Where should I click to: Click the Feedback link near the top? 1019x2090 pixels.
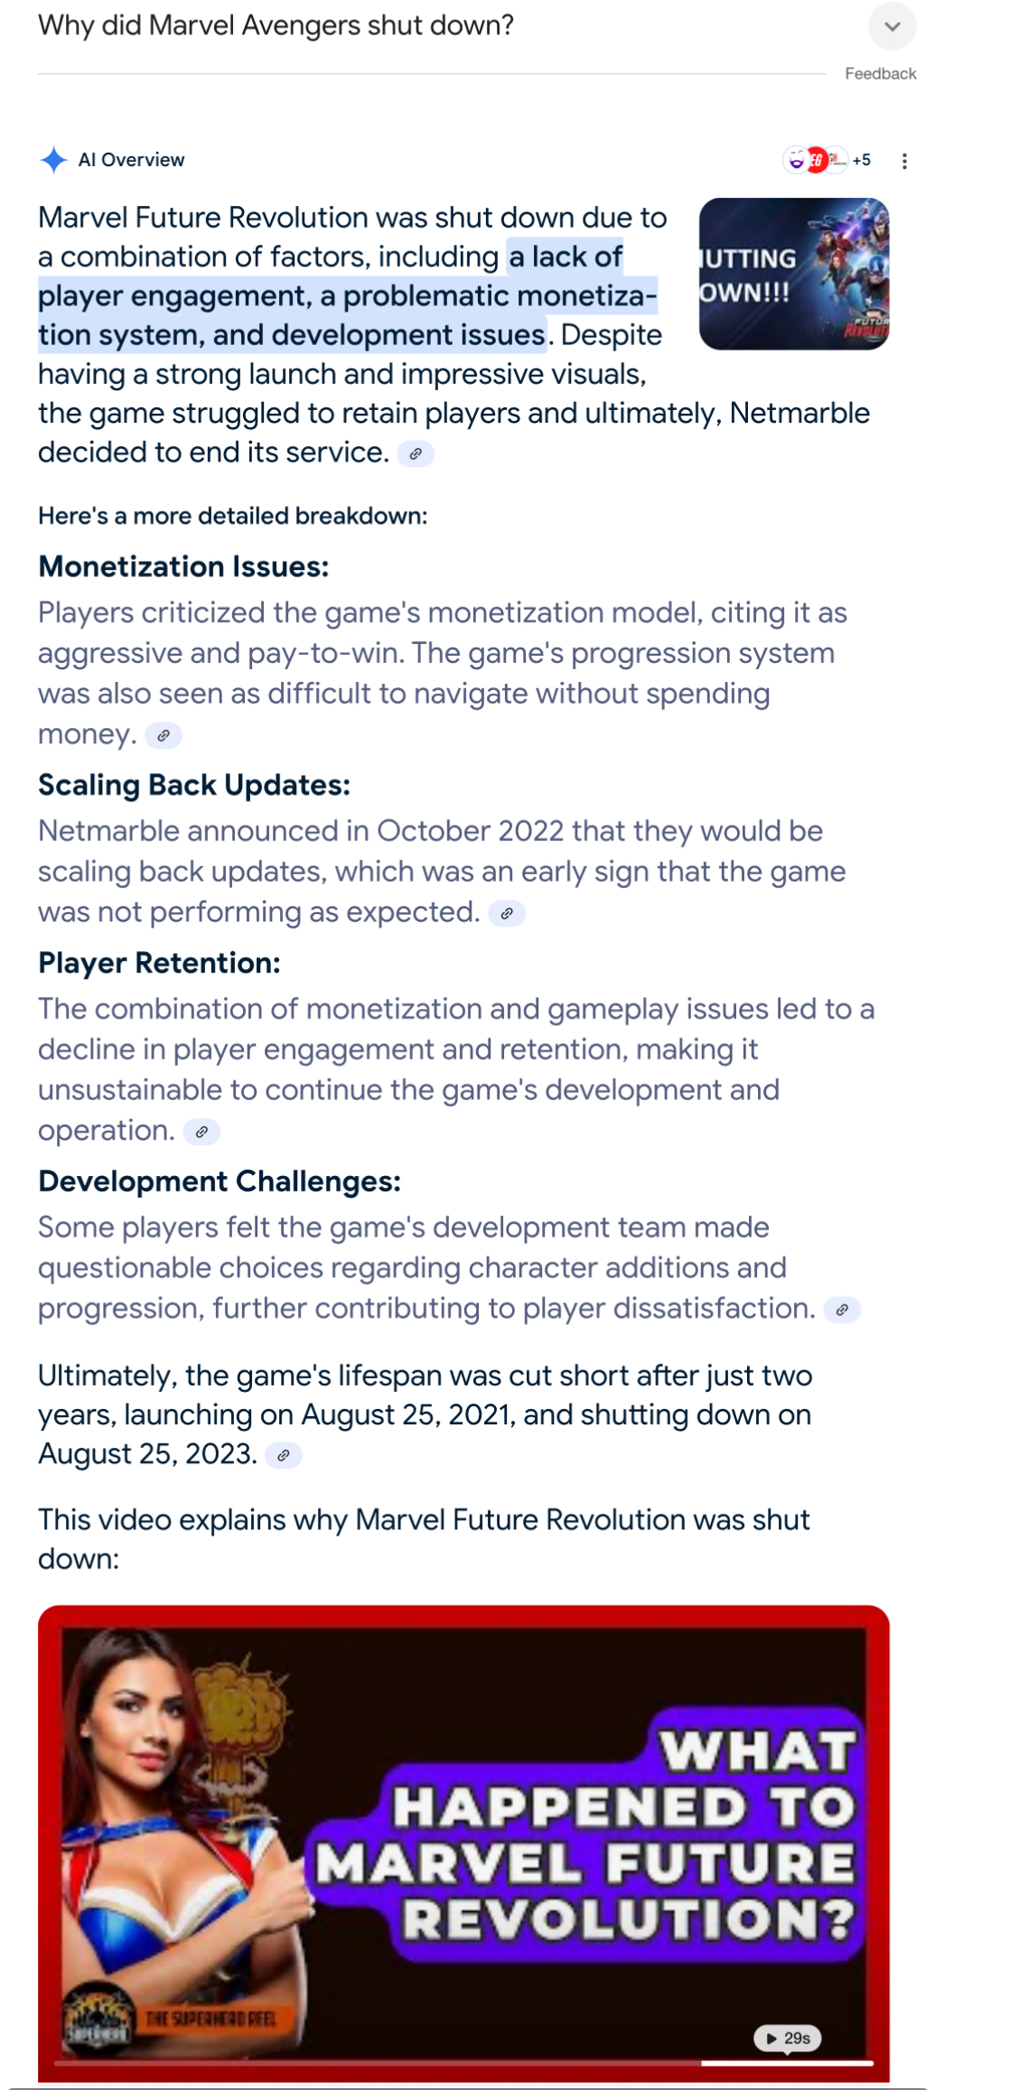point(880,74)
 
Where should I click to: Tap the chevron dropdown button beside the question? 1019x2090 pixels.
point(892,26)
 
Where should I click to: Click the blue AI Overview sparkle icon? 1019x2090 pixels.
point(53,160)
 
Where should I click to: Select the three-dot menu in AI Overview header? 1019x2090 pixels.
point(904,161)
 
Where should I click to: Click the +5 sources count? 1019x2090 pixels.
point(862,160)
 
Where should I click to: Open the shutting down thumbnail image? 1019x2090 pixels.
point(794,274)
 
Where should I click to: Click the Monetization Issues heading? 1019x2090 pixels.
point(183,566)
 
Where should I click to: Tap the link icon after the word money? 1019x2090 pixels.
point(164,735)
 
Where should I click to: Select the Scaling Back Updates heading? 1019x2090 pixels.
point(194,785)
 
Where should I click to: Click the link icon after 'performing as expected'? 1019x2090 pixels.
point(507,913)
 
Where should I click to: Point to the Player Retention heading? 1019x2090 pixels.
point(159,963)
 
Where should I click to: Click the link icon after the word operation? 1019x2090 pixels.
point(201,1132)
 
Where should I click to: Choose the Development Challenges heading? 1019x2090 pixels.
point(220,1181)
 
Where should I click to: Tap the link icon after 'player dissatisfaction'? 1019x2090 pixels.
point(842,1310)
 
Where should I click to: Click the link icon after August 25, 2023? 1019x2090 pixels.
point(284,1455)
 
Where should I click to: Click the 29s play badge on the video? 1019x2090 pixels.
point(788,2039)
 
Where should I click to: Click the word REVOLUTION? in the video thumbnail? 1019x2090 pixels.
point(628,1919)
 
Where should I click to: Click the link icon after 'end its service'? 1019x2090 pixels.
point(416,453)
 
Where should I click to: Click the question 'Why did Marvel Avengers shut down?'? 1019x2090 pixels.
point(276,25)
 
